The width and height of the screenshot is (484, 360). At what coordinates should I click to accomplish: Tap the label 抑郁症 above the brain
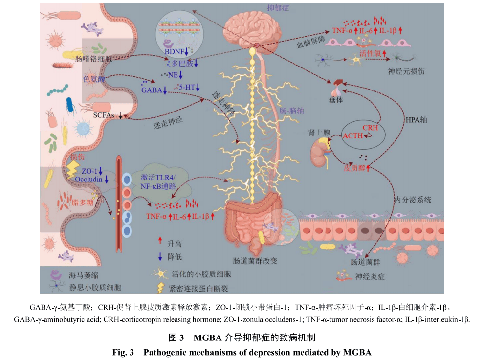[x=278, y=8]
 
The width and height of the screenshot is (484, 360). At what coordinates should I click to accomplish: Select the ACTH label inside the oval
[x=353, y=135]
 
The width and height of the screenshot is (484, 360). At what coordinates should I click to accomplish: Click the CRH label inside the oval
[x=370, y=127]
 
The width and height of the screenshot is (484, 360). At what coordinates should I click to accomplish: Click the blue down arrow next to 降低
[x=160, y=256]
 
